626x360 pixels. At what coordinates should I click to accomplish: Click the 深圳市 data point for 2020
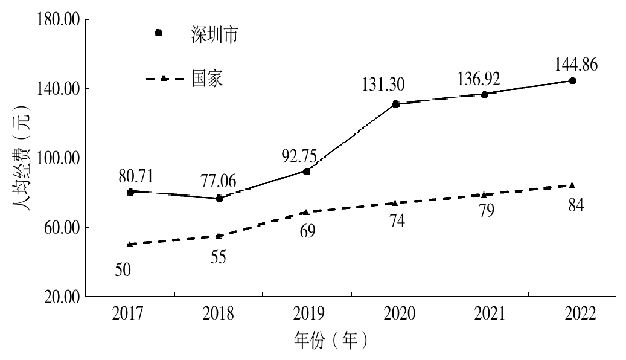coord(396,104)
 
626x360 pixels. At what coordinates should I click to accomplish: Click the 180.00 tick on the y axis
coord(59,20)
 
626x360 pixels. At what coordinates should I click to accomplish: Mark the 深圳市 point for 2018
coord(219,198)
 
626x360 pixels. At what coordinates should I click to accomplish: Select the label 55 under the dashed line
coord(219,257)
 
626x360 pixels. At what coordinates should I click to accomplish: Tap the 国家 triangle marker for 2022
coord(572,185)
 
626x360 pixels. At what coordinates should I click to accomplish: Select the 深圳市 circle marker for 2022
coord(572,80)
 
